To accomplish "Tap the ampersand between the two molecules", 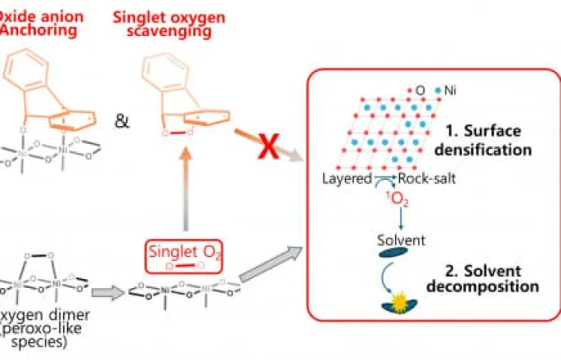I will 121,122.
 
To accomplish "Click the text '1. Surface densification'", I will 483,141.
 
